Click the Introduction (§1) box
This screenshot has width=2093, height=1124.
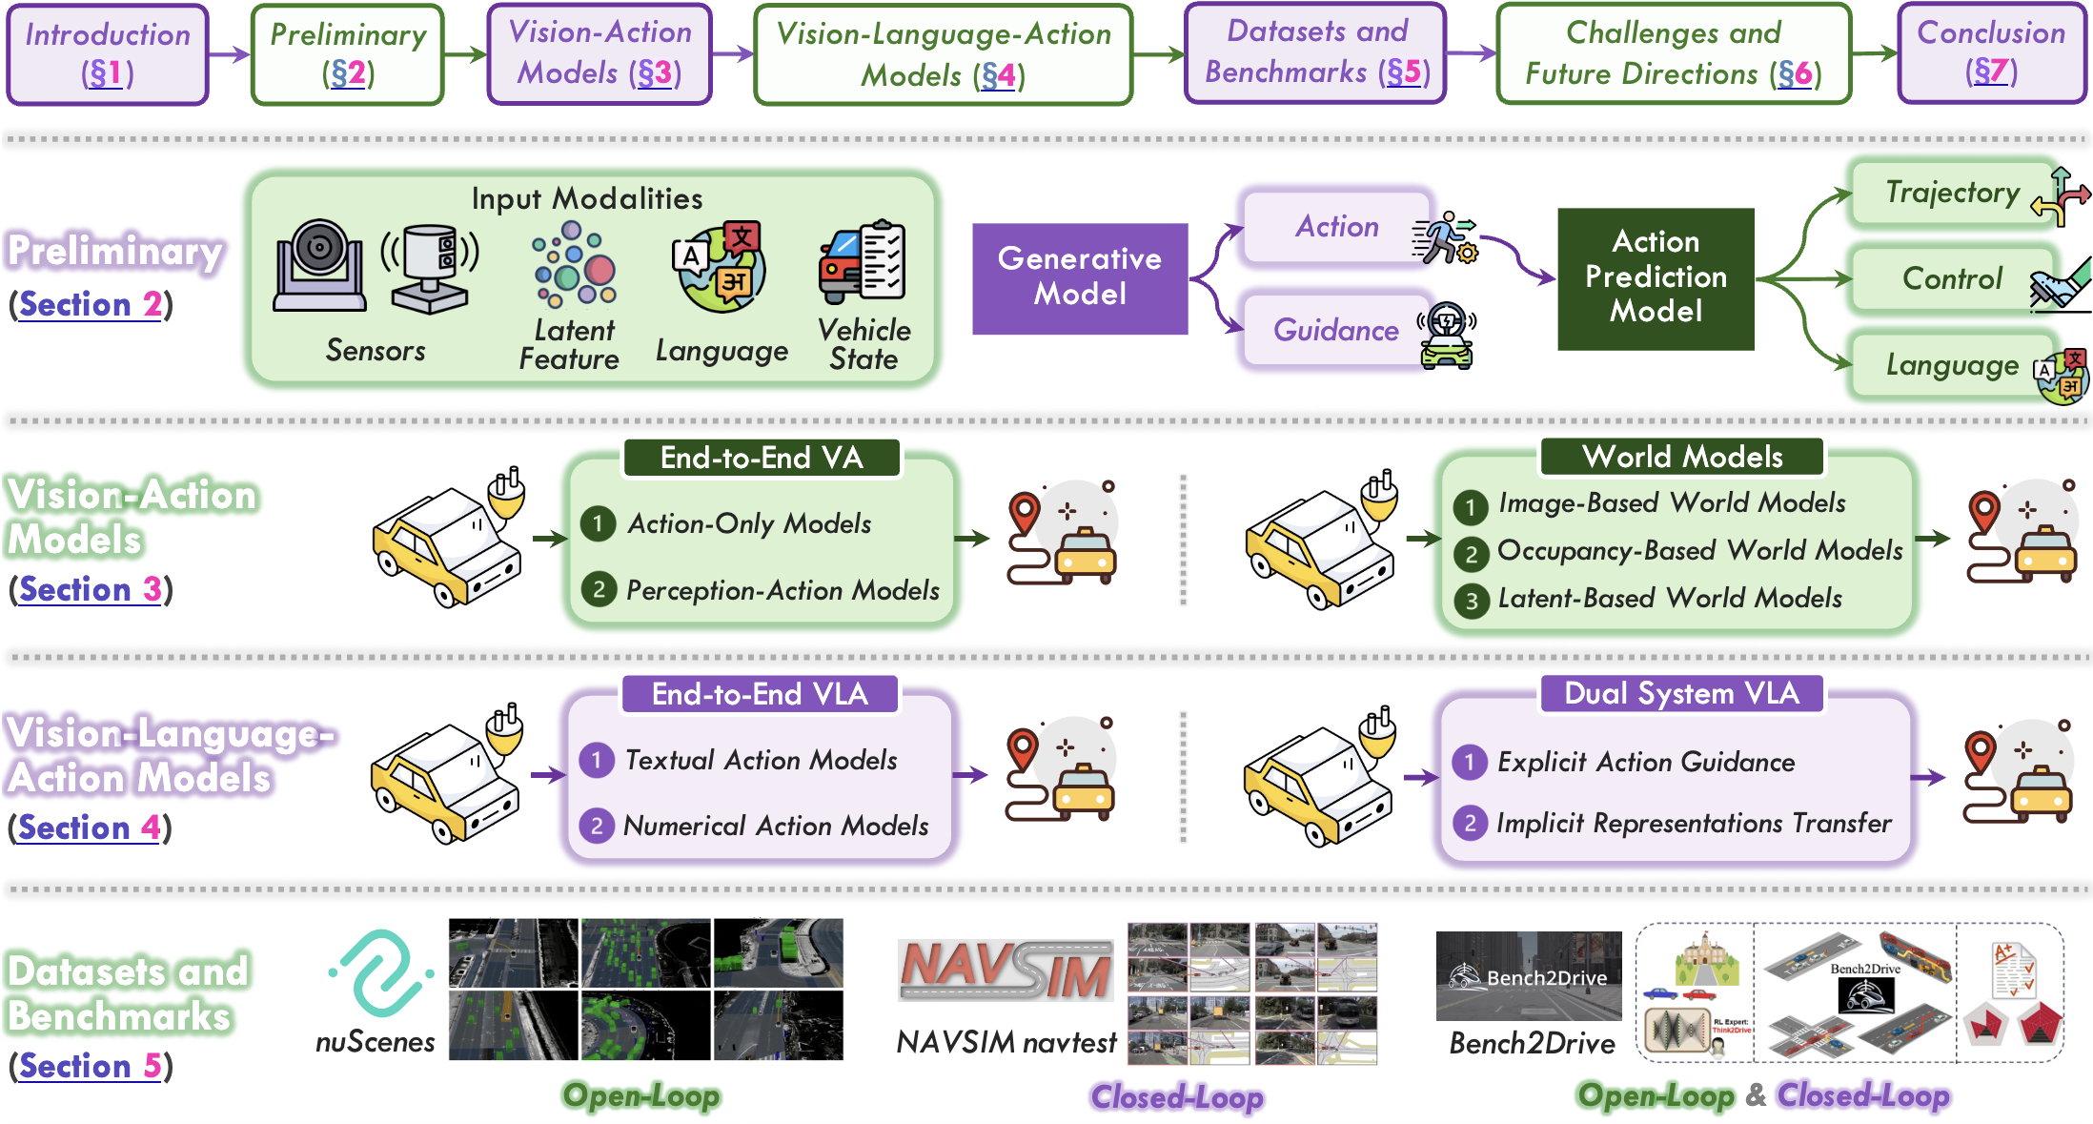point(108,53)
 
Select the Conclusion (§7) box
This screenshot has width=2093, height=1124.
point(1991,52)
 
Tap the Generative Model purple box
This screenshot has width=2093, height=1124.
point(1080,277)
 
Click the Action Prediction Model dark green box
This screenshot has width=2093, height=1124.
point(1656,277)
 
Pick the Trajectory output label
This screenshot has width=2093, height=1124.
point(1952,194)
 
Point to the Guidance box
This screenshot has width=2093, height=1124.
point(1336,331)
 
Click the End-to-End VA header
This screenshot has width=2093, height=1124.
point(762,458)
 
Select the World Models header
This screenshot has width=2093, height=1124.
point(1682,457)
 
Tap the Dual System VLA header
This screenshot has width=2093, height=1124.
point(1681,693)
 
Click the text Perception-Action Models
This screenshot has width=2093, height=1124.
point(782,591)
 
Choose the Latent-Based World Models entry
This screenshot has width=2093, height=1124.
point(1669,599)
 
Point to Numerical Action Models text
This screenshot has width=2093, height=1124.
point(776,826)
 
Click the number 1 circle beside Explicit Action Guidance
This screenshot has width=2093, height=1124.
point(1470,762)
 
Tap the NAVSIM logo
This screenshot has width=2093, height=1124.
point(1006,971)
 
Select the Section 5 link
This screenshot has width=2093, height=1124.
point(90,1066)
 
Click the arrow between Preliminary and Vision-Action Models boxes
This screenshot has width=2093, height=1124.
point(465,54)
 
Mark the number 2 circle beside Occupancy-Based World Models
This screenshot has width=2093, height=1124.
point(1471,553)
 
